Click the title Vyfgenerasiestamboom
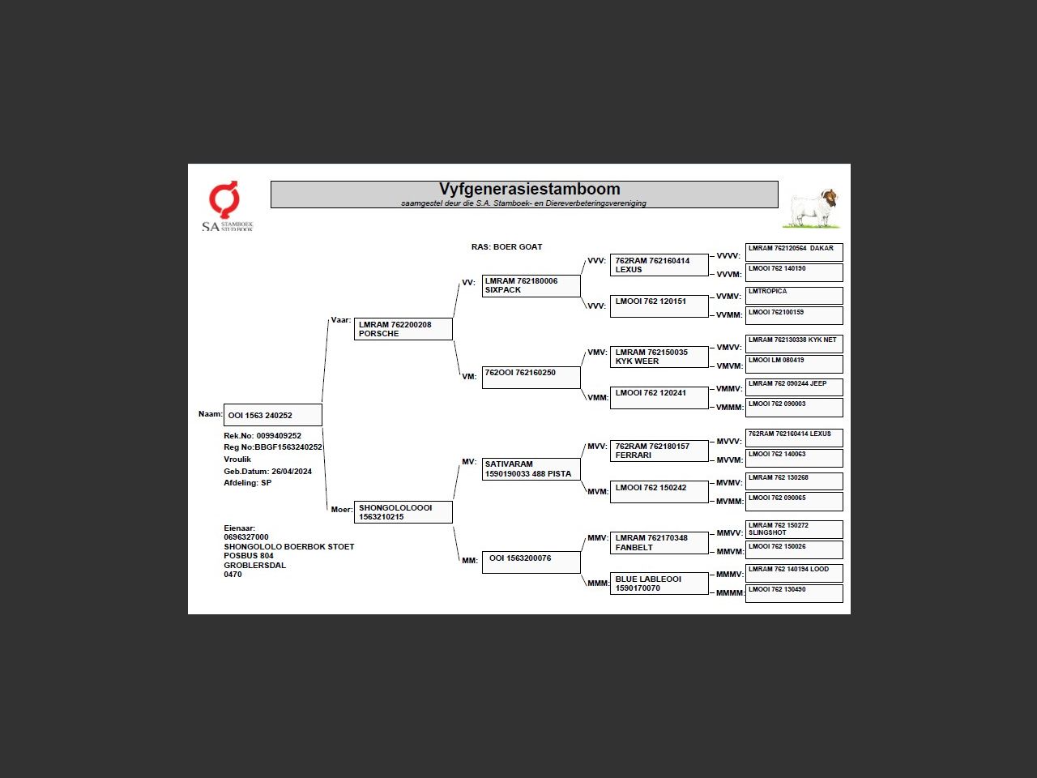tap(529, 190)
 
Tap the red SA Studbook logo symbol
tap(224, 199)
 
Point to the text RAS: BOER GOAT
tap(506, 247)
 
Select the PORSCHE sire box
tap(403, 329)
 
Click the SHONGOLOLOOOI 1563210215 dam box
tap(403, 512)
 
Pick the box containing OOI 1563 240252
tap(272, 415)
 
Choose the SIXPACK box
tap(531, 286)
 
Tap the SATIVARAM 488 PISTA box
tap(531, 469)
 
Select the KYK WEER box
tap(659, 357)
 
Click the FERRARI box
tap(659, 451)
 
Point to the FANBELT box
tap(659, 543)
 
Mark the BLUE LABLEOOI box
tap(659, 583)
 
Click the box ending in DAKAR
tap(793, 251)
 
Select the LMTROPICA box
tap(793, 295)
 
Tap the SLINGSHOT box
tap(793, 529)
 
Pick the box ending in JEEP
tap(793, 387)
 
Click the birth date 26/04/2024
tap(291, 472)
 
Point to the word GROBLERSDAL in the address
tap(254, 566)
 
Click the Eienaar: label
tap(239, 528)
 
